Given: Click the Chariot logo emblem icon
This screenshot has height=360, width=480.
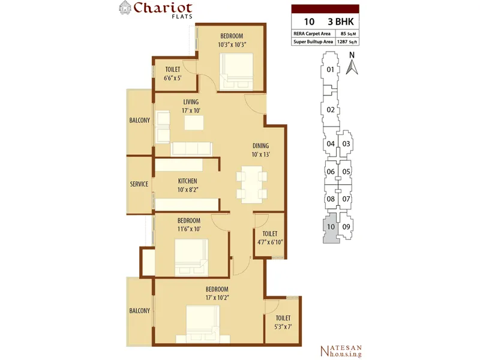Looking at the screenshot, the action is (x=125, y=8).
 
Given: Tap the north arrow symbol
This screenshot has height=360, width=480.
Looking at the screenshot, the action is (x=352, y=67).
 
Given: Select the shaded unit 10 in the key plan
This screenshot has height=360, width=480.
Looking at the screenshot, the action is (x=331, y=229).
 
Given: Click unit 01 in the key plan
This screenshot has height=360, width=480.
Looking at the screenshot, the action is (x=329, y=70).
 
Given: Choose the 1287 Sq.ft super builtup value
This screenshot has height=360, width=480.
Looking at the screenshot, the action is (x=347, y=41).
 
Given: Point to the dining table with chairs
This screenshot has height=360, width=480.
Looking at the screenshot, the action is (x=251, y=185).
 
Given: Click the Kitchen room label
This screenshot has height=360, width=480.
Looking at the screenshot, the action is (x=188, y=181).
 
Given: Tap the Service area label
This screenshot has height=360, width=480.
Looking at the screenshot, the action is (x=139, y=184).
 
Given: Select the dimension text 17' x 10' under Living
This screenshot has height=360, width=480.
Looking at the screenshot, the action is (x=191, y=110).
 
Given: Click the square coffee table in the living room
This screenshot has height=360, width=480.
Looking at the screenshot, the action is (x=194, y=123).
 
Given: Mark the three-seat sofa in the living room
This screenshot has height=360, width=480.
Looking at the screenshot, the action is (x=191, y=149).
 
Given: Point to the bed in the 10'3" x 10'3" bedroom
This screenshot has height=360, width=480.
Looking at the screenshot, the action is (x=236, y=72).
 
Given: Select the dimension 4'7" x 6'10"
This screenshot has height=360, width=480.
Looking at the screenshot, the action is (x=270, y=242).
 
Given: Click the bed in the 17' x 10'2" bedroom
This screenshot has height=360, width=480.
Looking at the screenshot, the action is (x=203, y=324).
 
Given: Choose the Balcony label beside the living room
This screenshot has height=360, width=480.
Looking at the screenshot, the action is (x=140, y=121).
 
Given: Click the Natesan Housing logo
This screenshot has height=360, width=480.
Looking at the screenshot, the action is (x=341, y=351).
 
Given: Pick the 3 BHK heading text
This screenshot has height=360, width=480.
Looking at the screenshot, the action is (x=341, y=22).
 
